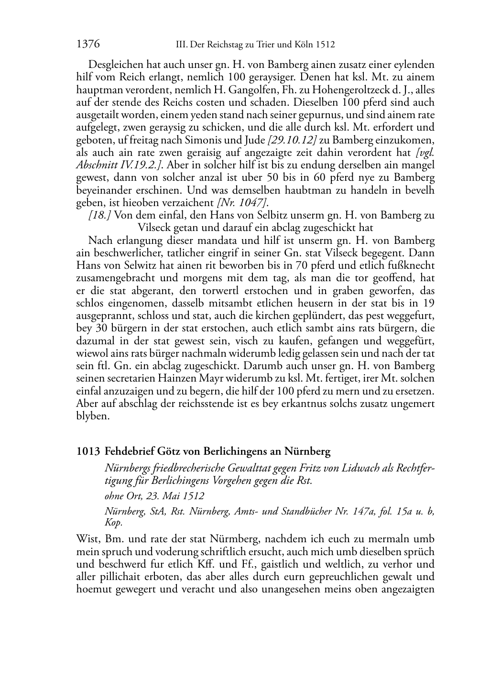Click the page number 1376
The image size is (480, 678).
coord(87,44)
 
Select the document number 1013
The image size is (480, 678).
coord(87,451)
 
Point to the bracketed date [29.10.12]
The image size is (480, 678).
coord(292,140)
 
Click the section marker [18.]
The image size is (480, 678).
coord(100,215)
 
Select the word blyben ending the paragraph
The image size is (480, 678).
coord(93,416)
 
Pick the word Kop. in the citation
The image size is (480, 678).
coord(114,523)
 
